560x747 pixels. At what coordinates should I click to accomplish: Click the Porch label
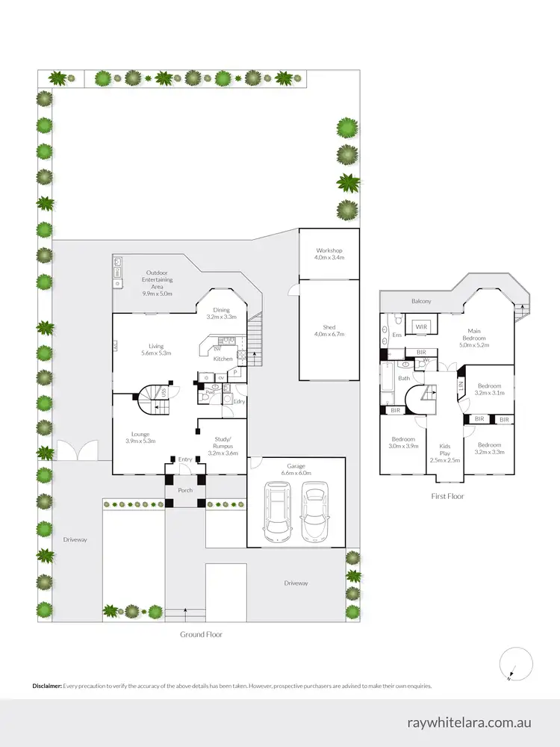pyautogui.click(x=185, y=491)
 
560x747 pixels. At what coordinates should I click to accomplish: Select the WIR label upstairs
pyautogui.click(x=420, y=326)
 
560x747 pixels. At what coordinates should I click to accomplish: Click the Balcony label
pyautogui.click(x=421, y=301)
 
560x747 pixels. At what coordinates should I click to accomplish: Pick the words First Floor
pyautogui.click(x=449, y=495)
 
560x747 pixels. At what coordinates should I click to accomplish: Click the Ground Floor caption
pyautogui.click(x=201, y=634)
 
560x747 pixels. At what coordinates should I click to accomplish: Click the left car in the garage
pyautogui.click(x=278, y=512)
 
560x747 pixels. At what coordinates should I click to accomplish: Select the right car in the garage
pyautogui.click(x=315, y=512)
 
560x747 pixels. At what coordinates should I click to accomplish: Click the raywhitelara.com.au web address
pyautogui.click(x=469, y=722)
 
